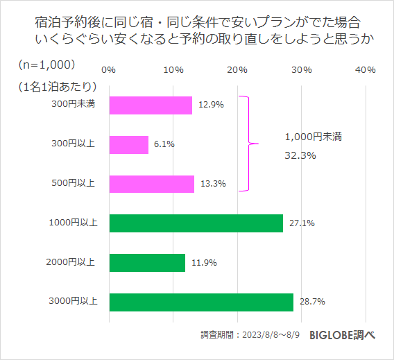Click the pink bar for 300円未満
pyautogui.click(x=151, y=105)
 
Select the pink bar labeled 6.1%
pyautogui.click(x=128, y=144)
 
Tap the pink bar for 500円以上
pyautogui.click(x=151, y=184)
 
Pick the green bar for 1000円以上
pyautogui.click(x=196, y=223)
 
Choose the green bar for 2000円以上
pyautogui.click(x=147, y=263)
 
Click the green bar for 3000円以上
pyautogui.click(x=201, y=302)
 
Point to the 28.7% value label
pyautogui.click(x=311, y=302)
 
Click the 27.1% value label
pyautogui.click(x=301, y=223)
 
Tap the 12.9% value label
pyautogui.click(x=209, y=105)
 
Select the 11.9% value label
pyautogui.click(x=203, y=263)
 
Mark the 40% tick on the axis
pyautogui.click(x=365, y=70)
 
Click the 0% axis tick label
pyautogui.click(x=108, y=70)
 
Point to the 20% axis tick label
pyautogui.click(x=237, y=70)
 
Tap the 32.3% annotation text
pyautogui.click(x=300, y=155)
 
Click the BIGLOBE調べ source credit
pyautogui.click(x=343, y=334)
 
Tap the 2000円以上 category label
pyautogui.click(x=74, y=262)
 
